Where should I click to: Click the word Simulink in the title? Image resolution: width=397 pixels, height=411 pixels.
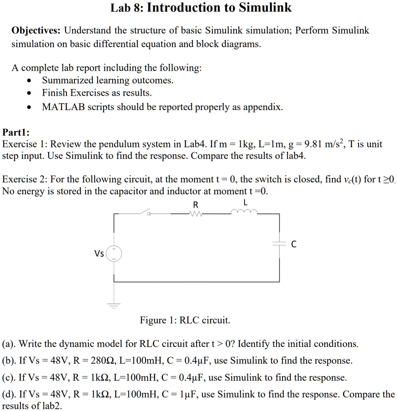coord(265,8)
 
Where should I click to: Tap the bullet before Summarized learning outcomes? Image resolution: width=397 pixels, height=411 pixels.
coord(29,81)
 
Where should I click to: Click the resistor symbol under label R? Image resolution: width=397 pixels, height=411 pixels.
coord(195,214)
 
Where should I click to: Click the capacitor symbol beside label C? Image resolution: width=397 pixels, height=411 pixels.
coord(279,244)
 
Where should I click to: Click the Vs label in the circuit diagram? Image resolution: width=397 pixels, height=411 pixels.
coord(99,254)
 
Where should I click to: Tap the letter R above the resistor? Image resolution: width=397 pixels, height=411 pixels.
coord(195,205)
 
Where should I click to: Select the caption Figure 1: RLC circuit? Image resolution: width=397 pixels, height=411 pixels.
coord(185,320)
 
